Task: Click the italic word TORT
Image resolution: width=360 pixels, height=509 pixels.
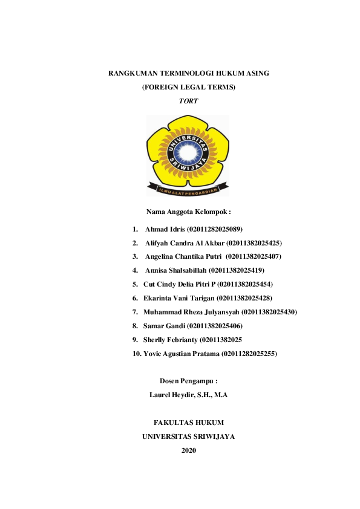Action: point(188,101)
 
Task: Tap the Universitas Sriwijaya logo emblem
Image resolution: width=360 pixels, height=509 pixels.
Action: point(188,155)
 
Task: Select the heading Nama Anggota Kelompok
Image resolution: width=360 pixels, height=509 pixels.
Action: point(189,212)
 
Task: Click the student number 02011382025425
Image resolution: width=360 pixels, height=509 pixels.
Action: point(254,243)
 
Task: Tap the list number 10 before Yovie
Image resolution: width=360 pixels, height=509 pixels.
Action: point(137,353)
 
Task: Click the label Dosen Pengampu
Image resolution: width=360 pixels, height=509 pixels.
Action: point(188,381)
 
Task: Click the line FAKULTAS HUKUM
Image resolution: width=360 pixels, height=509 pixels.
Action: point(189,422)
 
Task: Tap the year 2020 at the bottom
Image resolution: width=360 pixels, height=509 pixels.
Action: point(189,450)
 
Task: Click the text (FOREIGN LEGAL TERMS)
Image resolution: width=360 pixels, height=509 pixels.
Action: point(188,87)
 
